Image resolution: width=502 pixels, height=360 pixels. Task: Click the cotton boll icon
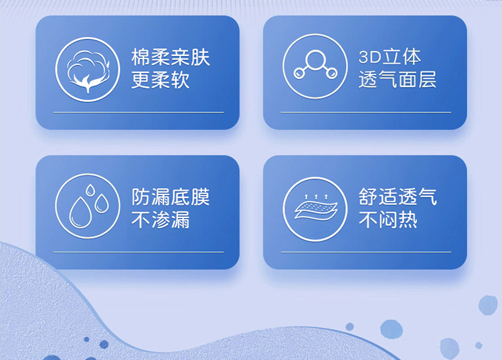pos(88,70)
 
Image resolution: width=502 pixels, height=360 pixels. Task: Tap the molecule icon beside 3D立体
pos(315,66)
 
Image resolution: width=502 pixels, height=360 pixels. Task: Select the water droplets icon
pos(88,206)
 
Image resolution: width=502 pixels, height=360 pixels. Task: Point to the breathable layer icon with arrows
pos(315,209)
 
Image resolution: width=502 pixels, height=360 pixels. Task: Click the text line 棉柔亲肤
pos(170,58)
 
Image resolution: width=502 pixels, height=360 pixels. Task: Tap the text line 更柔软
pos(161,80)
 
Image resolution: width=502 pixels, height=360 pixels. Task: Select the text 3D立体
pos(390,57)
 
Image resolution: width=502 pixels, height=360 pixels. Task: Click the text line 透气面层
pos(398,79)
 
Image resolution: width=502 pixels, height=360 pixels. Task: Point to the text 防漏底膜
pos(170,197)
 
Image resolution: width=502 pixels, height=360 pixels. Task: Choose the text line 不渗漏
pos(161,219)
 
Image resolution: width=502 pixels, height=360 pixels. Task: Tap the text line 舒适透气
pos(398,197)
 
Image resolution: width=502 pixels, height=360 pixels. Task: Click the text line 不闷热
pos(388,219)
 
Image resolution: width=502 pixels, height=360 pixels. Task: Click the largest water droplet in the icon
pos(80,213)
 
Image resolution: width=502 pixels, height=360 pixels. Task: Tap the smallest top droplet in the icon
pos(90,190)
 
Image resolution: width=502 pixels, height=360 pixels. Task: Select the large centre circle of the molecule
pos(315,60)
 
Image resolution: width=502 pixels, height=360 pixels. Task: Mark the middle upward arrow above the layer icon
pos(316,197)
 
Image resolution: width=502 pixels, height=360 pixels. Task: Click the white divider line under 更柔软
pos(139,112)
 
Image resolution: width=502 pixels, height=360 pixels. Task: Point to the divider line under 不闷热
pos(366,252)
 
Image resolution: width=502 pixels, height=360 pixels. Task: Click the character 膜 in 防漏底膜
pos(200,197)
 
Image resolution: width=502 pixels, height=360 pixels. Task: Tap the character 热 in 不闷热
pos(408,219)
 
